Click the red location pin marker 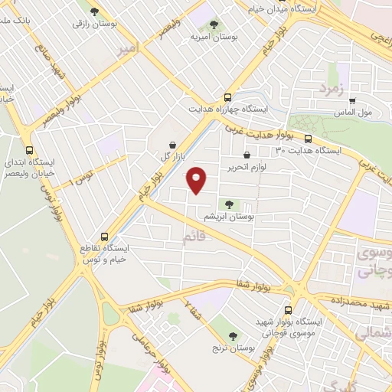tap(197, 180)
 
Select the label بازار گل tap(169, 156)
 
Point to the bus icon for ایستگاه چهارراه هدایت tap(227, 97)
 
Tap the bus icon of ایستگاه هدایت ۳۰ tap(308, 139)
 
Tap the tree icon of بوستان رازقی tap(94, 11)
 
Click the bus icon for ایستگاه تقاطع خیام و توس tap(105, 237)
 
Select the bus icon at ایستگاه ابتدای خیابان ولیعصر tap(30, 150)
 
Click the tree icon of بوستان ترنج tap(232, 337)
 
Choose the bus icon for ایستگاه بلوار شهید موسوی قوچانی tap(288, 310)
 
